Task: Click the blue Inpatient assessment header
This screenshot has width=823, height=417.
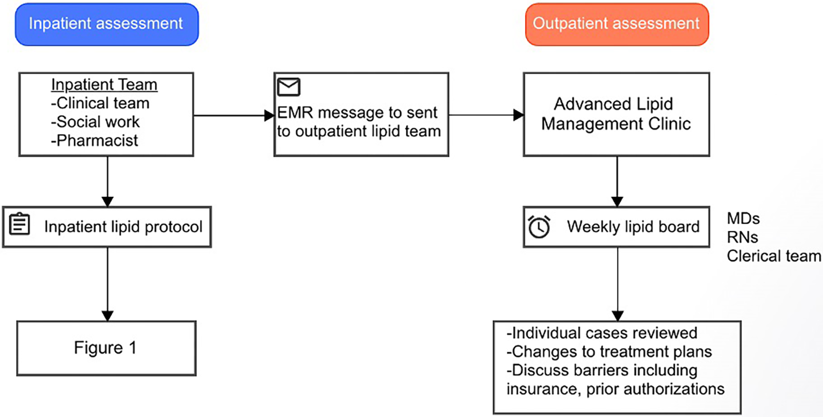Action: point(106,24)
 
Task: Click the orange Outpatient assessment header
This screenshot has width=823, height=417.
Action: point(616,24)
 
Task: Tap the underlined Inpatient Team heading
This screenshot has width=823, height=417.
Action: point(104,84)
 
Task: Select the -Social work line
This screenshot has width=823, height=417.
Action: point(96,122)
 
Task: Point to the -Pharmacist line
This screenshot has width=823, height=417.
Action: point(95,140)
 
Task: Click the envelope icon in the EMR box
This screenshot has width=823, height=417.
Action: point(289,87)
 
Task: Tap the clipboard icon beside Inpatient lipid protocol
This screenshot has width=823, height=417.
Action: point(20,224)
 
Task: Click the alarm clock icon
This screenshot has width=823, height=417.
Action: point(539,226)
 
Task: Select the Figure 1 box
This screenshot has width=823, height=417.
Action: point(106,348)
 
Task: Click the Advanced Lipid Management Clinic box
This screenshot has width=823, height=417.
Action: point(616,114)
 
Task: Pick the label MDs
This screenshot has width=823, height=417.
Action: point(743,219)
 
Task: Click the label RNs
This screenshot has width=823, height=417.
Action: point(742,237)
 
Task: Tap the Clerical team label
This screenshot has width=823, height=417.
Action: point(773,256)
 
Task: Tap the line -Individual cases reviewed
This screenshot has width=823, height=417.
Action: point(602,333)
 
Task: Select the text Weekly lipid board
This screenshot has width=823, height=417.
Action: point(633,227)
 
